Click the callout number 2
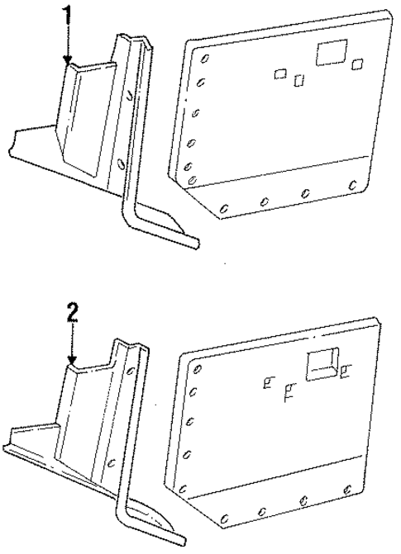tap(73, 313)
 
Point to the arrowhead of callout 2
tap(73, 363)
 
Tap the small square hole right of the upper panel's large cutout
tap(357, 64)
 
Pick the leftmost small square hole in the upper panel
tap(281, 73)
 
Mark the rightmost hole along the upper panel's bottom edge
tap(353, 184)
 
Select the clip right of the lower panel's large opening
tap(343, 371)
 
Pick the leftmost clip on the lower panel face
tap(267, 381)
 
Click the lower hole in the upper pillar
tap(122, 163)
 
